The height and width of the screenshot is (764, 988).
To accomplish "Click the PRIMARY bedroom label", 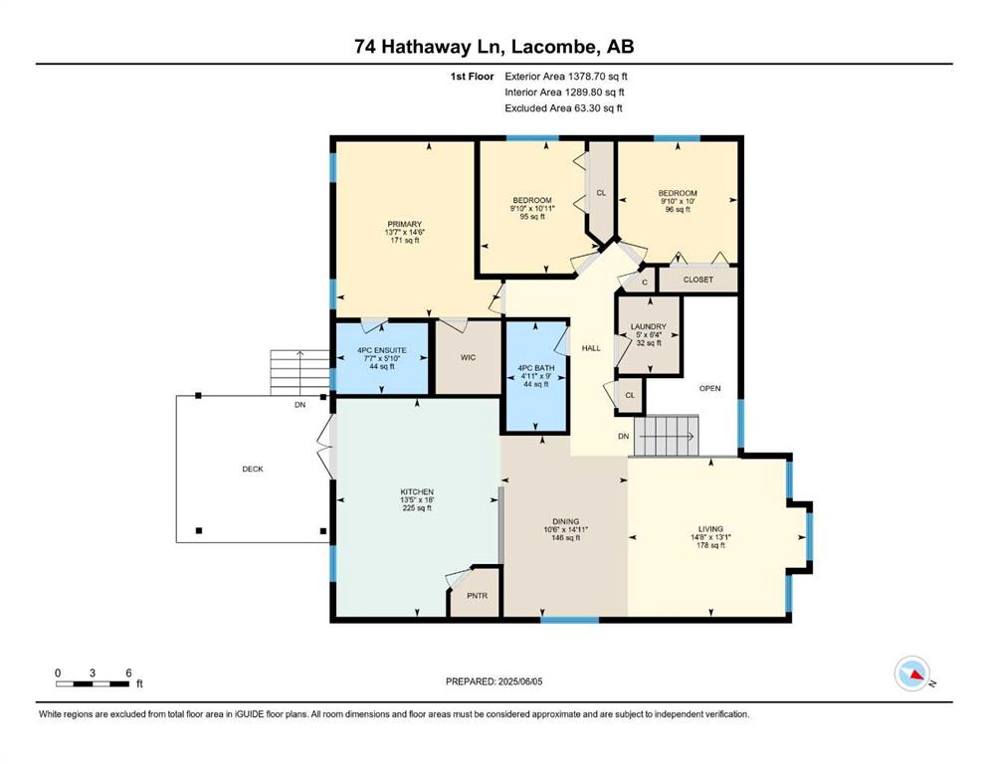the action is [405, 224].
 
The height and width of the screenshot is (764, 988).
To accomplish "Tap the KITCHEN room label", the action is [417, 491].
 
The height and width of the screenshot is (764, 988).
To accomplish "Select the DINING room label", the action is [565, 521].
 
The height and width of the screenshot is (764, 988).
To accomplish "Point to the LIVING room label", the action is [710, 529].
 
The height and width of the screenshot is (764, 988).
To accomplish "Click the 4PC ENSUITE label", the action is [382, 350].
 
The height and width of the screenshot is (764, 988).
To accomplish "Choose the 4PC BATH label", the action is [536, 368].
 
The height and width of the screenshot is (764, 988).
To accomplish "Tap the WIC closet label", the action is [468, 358].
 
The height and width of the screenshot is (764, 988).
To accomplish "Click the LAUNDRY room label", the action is [649, 327].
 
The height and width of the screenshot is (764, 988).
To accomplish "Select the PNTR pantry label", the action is [477, 595].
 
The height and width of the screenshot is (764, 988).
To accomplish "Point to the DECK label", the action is [253, 470].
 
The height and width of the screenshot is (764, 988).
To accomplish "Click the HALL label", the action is [591, 348].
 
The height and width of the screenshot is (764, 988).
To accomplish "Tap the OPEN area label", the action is [710, 389].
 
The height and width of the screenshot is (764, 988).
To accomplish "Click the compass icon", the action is [911, 673].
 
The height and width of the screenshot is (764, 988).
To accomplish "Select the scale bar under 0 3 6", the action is [93, 684].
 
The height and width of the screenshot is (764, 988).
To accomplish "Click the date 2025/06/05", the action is [519, 681].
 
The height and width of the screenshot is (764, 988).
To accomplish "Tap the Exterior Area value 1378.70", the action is [587, 77].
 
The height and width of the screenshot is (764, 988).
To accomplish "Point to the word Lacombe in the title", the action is [553, 47].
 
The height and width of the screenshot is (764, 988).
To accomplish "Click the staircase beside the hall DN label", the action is [667, 436].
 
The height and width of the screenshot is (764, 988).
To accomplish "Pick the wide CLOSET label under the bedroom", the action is [698, 280].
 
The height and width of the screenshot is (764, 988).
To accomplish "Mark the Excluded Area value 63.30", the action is [587, 108].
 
